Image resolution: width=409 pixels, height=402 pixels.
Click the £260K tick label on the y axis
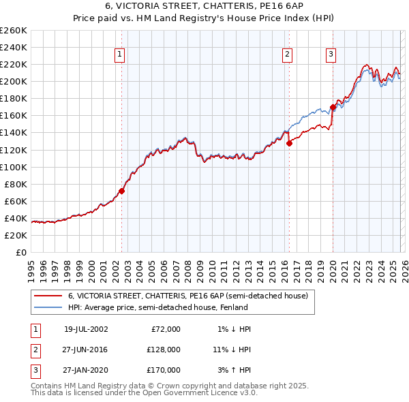point(14,31)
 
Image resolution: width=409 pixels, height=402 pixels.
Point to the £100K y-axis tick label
point(14,167)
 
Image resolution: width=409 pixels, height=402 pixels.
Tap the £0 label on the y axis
point(20,252)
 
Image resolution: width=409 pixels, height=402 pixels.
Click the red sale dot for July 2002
point(122,191)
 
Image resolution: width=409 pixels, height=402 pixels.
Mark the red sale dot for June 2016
point(289,143)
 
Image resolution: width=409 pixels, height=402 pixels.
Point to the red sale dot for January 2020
point(333,107)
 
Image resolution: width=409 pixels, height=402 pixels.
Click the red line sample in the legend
point(48,296)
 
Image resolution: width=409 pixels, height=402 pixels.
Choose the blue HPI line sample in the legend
point(48,307)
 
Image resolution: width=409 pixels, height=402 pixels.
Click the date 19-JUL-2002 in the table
point(86,329)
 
